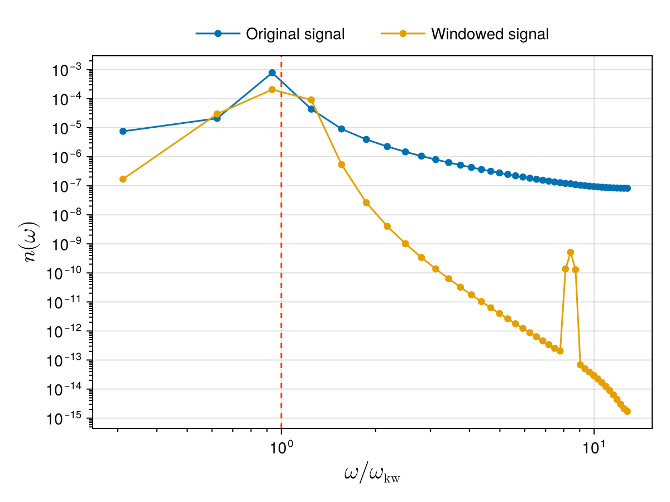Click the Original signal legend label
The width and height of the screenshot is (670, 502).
point(295,34)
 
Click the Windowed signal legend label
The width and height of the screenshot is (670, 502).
point(490,34)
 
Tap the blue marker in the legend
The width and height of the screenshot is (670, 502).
point(218,34)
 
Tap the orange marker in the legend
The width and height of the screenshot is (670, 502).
point(403,34)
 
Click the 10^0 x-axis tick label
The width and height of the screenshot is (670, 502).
point(281,447)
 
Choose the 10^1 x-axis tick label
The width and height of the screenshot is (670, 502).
point(594,447)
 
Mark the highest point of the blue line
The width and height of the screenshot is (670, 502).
point(272,73)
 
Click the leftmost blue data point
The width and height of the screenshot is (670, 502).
point(123,132)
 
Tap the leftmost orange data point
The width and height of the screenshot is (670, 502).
point(123,179)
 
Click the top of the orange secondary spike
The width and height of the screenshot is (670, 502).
point(571,252)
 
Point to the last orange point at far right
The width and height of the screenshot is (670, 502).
point(628,412)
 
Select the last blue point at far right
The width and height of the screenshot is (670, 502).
point(628,189)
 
